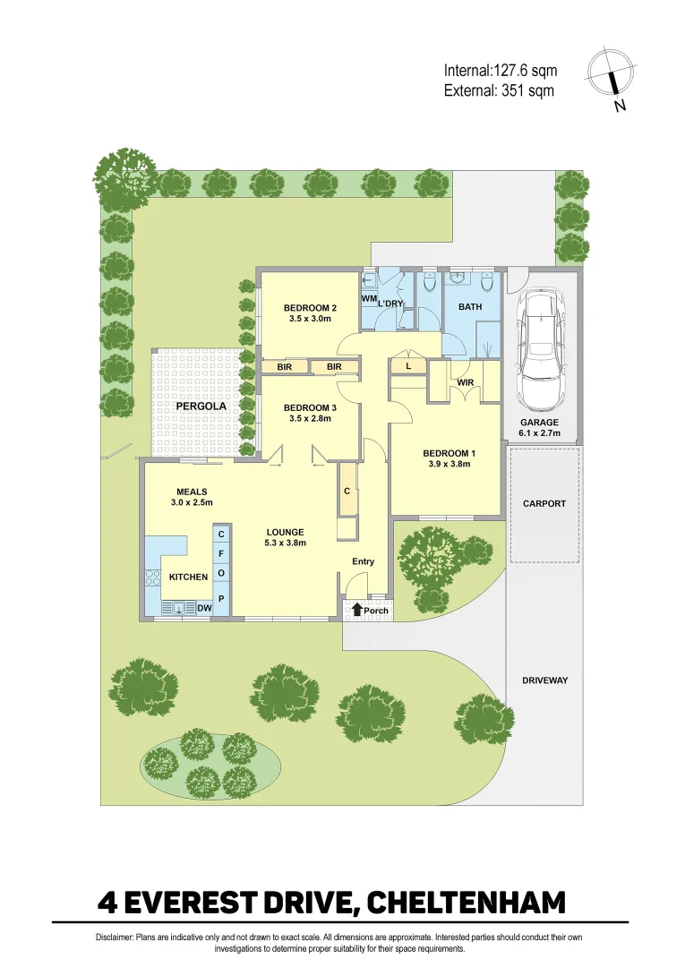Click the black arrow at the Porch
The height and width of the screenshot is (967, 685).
tap(357, 610)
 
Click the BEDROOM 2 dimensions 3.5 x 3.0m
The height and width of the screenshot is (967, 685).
tap(310, 318)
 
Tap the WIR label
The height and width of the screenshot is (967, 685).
tap(466, 382)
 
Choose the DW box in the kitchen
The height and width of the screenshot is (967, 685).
tap(204, 609)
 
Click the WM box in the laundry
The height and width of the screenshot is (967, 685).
tap(369, 297)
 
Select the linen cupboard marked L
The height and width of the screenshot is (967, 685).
tap(408, 366)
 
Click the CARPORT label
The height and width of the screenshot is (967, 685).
tap(544, 503)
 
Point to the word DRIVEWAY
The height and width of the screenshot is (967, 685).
tap(544, 680)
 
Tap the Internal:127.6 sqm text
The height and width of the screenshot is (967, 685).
tap(500, 71)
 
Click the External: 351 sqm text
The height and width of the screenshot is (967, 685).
tap(499, 90)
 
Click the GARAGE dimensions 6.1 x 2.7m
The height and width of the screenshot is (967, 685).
tap(540, 433)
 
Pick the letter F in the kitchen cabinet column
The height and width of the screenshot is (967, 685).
tap(221, 552)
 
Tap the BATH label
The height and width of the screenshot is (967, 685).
tap(470, 306)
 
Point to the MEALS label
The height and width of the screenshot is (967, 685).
tap(193, 492)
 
